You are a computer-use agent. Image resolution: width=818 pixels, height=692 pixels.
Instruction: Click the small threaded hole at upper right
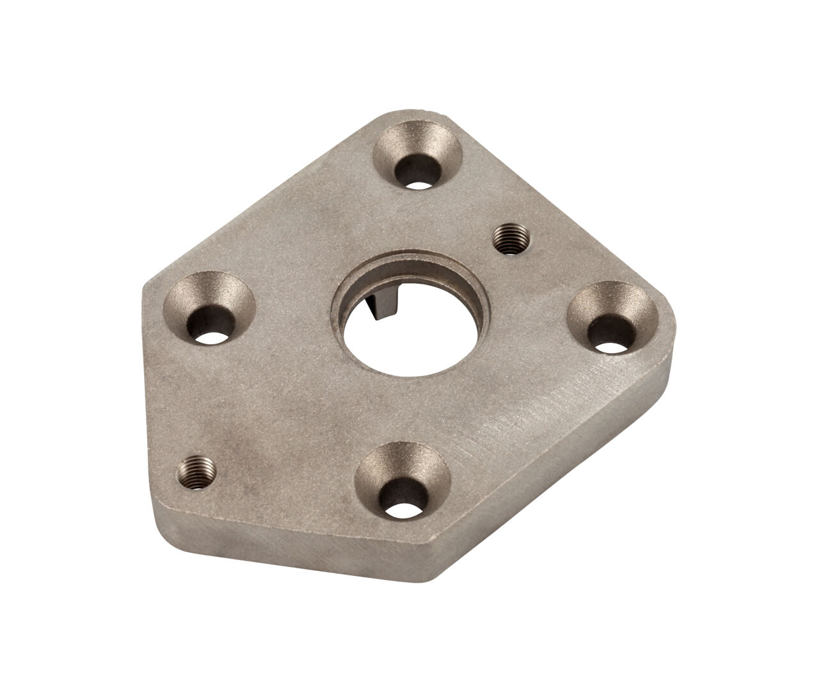point(512,239)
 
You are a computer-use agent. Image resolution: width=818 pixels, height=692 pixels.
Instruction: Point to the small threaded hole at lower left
point(196,472)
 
